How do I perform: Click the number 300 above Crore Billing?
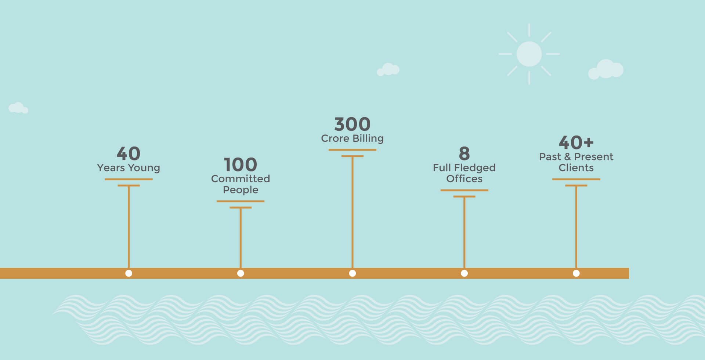point(352,124)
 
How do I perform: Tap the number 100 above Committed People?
point(241,165)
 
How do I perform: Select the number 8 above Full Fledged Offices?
point(464,154)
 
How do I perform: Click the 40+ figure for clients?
point(576,143)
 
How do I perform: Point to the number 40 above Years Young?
point(129,154)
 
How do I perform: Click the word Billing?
point(368,138)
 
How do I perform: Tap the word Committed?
point(241,179)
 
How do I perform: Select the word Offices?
point(464,179)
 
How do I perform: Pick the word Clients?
point(576,168)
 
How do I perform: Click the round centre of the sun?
point(529,54)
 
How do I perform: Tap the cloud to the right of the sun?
point(606,69)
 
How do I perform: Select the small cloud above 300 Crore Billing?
point(388,69)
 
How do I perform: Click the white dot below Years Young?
point(129,273)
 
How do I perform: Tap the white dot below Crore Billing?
point(352,273)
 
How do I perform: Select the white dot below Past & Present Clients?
point(576,273)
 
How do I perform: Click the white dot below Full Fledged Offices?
point(464,273)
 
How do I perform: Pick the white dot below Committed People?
point(241,273)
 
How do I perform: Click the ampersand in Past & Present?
point(568,157)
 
